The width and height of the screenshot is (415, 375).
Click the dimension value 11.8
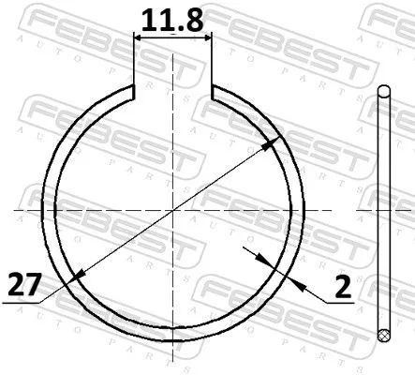[x=174, y=20]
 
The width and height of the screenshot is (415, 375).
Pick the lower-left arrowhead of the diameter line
[x=76, y=275]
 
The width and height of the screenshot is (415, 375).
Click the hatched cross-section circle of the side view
[x=382, y=334]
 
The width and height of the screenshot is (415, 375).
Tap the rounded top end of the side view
[x=382, y=90]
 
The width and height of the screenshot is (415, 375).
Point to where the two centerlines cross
[x=174, y=210]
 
